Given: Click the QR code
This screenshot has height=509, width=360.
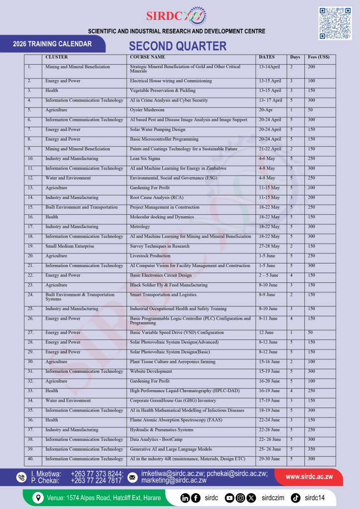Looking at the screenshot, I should pos(335,23).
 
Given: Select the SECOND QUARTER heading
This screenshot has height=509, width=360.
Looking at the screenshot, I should pos(178,46).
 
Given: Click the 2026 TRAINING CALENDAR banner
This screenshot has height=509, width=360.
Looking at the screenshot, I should pos(52,44).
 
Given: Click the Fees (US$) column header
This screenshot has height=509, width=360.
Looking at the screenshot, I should pos(319,57).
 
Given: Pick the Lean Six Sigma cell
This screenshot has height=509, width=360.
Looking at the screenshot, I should pos(145,159).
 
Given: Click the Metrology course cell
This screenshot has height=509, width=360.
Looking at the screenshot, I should pos(141,227).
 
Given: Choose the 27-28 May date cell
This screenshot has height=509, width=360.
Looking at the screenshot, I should pos(270,246).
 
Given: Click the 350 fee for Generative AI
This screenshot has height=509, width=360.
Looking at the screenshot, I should pos(312,449).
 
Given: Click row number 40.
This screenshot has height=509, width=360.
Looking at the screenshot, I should pos(30,459).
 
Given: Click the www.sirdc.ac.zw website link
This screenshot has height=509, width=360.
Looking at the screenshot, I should pos(309,477).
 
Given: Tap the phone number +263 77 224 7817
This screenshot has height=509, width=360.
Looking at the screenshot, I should pos(96,481).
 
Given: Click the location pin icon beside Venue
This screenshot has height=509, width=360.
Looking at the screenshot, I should pos(37,498).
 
